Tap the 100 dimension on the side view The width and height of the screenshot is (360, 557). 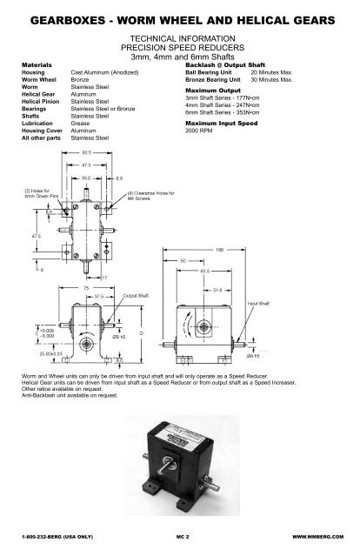pos(257,250)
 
